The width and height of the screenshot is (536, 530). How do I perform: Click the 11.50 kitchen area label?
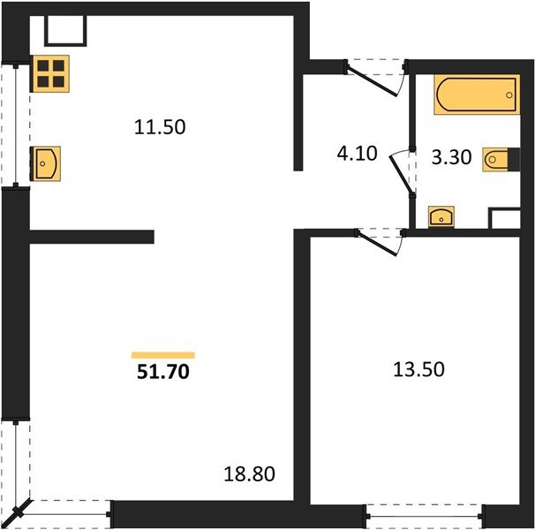(x=159, y=126)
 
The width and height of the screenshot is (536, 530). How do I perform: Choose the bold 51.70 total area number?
(x=162, y=373)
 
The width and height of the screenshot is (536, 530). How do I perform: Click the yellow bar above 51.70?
(x=162, y=355)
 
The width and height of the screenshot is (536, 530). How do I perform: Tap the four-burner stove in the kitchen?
(x=50, y=72)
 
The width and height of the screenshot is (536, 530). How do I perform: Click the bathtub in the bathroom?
(x=475, y=95)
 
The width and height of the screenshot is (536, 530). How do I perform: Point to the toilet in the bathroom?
(x=498, y=162)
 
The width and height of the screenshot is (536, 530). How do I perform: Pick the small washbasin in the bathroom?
(x=440, y=216)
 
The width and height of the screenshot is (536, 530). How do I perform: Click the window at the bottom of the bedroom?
(x=424, y=513)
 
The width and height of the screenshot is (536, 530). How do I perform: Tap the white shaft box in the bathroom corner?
(x=504, y=219)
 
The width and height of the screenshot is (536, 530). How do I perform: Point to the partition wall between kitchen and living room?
(x=93, y=236)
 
